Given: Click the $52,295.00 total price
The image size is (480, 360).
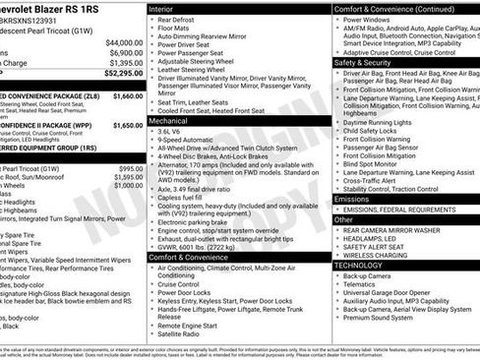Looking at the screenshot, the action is point(118,72).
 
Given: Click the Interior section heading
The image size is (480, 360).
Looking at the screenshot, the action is point(160,9).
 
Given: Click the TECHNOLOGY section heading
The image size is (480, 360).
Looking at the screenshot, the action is point(358,265).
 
